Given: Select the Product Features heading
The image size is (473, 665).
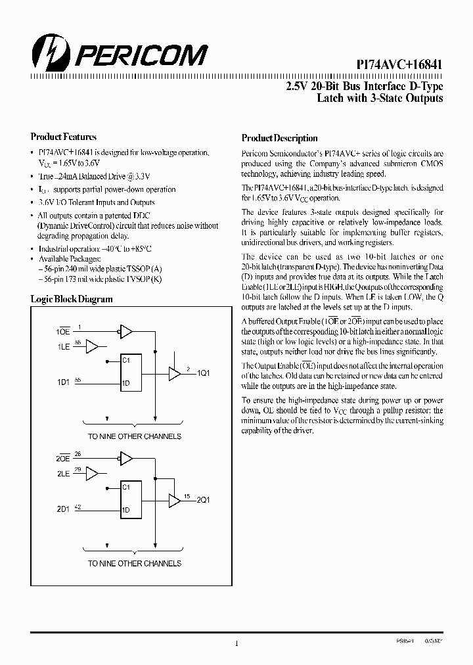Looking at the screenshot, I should point(64,137).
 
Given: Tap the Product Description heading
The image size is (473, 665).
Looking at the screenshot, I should point(279,138).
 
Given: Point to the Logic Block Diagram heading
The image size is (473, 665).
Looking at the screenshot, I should point(72,299).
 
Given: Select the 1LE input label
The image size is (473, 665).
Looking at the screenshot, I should point(63,346).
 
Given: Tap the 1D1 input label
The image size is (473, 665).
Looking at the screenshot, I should point(63,382).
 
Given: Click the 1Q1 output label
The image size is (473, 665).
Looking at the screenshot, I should point(204,373).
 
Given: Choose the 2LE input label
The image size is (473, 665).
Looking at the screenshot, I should point(63,473).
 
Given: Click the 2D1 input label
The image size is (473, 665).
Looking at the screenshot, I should point(63,509).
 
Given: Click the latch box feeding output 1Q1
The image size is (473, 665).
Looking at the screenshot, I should point(134,373).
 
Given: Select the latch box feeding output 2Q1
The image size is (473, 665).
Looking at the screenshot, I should point(134,499).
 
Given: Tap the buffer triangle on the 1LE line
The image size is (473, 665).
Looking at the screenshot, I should point(93,346).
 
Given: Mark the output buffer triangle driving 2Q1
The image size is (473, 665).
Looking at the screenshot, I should point(174,500).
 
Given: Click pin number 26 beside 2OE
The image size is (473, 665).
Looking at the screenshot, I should point(78,453).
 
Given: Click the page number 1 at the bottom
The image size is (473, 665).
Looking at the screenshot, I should point(236,644).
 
